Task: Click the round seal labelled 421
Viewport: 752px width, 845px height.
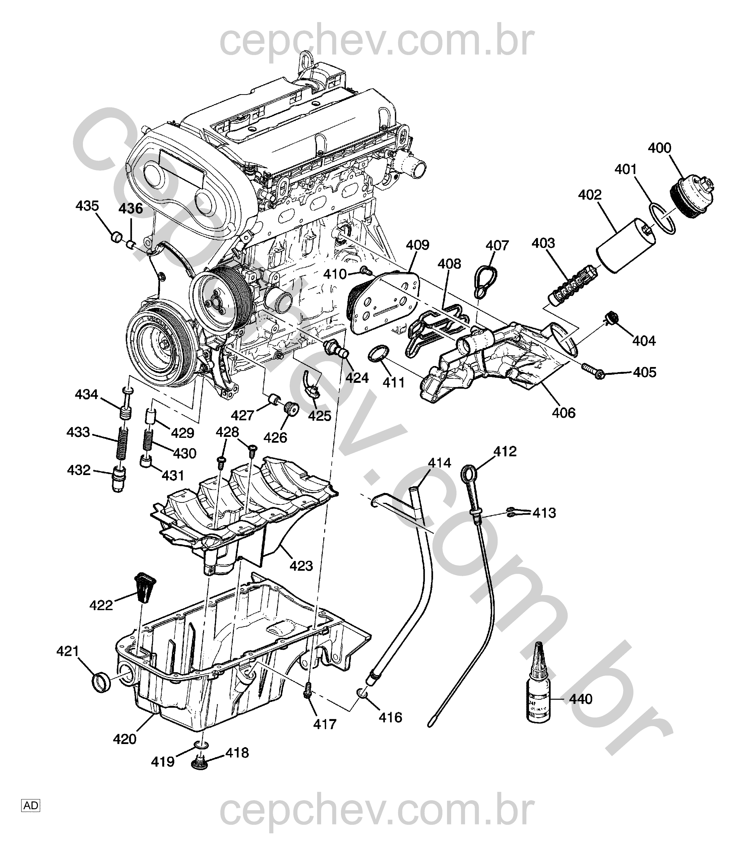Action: [101, 689]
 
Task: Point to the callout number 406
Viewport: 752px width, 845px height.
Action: [564, 412]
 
